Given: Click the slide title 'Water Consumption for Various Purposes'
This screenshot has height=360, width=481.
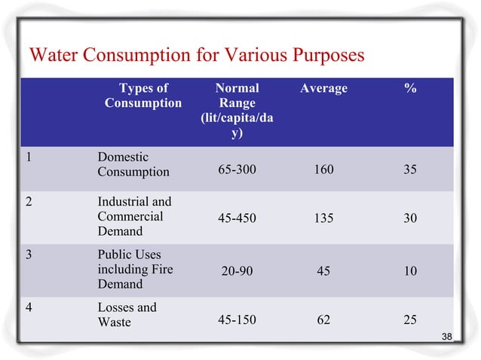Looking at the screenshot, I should [x=195, y=56].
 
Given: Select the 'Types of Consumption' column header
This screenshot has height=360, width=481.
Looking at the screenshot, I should [x=142, y=96].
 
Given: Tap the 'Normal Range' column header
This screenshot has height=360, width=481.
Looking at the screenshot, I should [x=237, y=111].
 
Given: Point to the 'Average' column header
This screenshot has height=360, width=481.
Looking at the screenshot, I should [x=323, y=89].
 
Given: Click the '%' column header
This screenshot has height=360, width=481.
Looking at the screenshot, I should [x=410, y=89].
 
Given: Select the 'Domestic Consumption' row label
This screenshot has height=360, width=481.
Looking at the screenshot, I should [x=133, y=164].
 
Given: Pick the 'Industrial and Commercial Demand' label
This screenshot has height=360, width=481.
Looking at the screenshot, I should [x=134, y=217].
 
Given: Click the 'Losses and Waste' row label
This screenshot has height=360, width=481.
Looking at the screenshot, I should [x=127, y=315].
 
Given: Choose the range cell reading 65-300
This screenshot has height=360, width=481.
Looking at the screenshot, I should [x=237, y=170].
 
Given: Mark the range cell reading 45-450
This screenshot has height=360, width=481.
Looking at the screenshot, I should [x=237, y=218].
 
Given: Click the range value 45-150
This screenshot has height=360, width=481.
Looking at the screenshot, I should [x=237, y=320].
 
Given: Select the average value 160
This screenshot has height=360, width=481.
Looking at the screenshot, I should [x=323, y=170].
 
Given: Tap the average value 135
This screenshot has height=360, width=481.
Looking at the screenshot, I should [x=323, y=218].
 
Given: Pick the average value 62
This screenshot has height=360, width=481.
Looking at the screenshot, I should [x=323, y=320].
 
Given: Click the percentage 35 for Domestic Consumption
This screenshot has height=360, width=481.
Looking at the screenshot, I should [x=410, y=170].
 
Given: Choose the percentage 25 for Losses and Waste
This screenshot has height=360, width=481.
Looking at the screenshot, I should [x=410, y=320].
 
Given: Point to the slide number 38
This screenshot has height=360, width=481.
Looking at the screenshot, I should [x=447, y=336].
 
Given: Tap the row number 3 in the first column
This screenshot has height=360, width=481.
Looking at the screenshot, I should [x=28, y=254].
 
